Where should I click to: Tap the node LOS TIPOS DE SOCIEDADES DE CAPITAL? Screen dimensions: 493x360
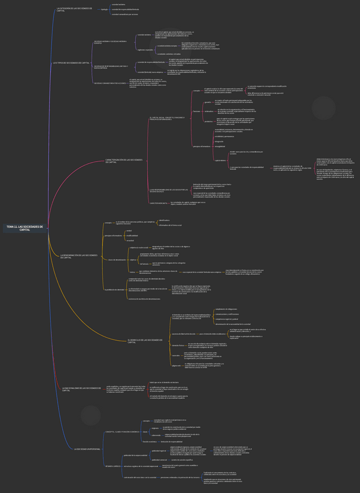[x=72, y=62]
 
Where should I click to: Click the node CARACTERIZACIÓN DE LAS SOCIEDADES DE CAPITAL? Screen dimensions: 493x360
[x=124, y=160]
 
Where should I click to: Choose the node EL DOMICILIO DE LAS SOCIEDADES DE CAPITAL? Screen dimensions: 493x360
[x=145, y=341]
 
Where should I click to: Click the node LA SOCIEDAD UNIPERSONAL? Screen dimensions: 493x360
[x=87, y=449]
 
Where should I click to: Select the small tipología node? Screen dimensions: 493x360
[x=104, y=9]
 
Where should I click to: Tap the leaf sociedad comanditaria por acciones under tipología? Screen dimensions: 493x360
[x=124, y=15]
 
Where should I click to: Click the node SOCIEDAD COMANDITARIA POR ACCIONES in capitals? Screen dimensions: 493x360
[x=110, y=83]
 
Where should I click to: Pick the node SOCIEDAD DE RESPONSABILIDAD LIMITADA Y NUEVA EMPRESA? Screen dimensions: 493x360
[x=111, y=67]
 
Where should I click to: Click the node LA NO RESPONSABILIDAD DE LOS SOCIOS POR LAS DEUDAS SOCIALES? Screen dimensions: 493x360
[x=168, y=191]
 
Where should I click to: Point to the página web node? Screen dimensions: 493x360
[x=176, y=365]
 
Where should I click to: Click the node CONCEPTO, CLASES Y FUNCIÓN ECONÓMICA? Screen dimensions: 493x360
[x=122, y=432]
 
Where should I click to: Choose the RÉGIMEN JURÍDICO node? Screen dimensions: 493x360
[x=113, y=466]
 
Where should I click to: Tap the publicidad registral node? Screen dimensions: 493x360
[x=158, y=451]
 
